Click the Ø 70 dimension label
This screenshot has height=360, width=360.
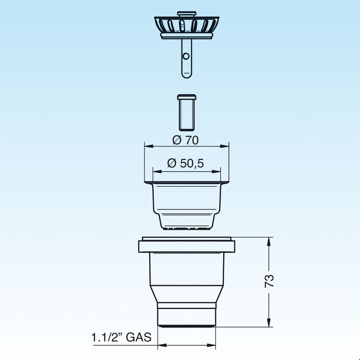[186, 139]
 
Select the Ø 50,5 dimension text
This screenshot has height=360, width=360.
[186, 164]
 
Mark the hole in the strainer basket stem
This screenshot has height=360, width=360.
[186, 55]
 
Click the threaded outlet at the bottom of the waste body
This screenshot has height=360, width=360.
[186, 315]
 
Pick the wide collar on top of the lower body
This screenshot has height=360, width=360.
[186, 245]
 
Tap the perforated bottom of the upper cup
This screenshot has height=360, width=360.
[186, 225]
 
